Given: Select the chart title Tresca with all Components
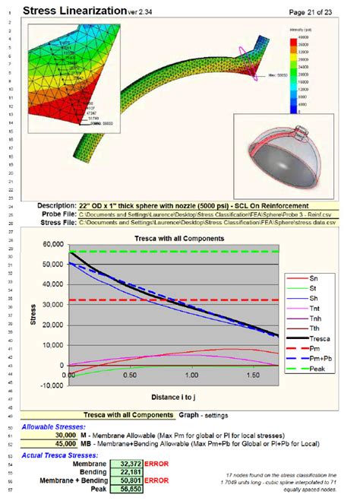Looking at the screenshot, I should (x=178, y=238).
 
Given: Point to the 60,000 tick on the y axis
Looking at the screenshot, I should (x=52, y=245).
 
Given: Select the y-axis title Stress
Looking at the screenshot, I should (x=33, y=314).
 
